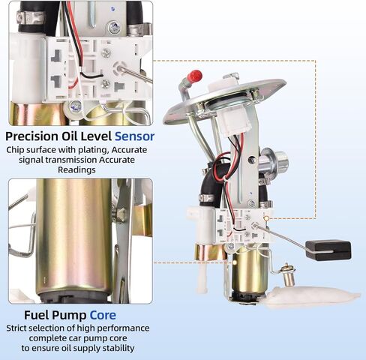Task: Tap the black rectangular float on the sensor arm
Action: (328, 250)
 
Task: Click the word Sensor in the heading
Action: (134, 136)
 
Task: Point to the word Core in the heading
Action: (103, 315)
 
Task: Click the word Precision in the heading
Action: (31, 136)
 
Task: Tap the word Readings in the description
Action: (76, 170)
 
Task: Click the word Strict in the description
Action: (16, 328)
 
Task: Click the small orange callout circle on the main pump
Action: (266, 218)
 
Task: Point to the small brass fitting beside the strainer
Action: (289, 276)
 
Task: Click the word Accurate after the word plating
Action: (129, 150)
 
